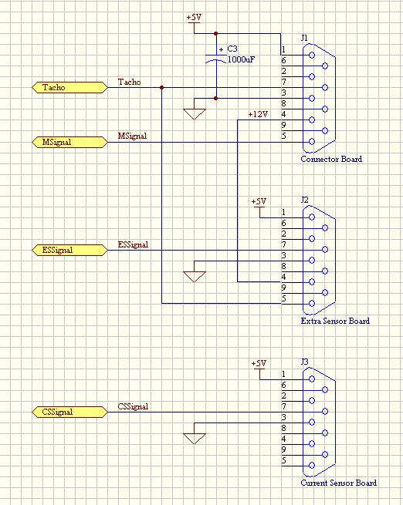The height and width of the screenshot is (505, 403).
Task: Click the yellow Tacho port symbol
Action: pos(69,87)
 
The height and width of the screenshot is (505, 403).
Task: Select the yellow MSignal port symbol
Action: pos(69,142)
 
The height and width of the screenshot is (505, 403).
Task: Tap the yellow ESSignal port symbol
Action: pos(69,250)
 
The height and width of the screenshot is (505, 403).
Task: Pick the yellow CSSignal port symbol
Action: pos(69,412)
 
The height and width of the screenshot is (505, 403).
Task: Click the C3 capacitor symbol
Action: pos(216,58)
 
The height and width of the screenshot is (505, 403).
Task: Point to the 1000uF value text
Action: pos(241,59)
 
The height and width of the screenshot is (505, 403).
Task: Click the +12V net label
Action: pos(258,114)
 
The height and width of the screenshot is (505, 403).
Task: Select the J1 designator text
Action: pos(304,38)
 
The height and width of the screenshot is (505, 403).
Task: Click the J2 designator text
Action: pos(305,200)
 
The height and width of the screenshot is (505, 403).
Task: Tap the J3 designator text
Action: pos(305,362)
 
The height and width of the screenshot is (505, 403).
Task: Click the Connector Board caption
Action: pos(331,159)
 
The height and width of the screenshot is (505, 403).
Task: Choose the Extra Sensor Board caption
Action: pos(335,321)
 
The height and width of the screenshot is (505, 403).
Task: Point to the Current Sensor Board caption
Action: pos(338,483)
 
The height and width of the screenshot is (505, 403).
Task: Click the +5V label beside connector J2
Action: pos(259,201)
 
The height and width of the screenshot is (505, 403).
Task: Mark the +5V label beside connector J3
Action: pos(259,364)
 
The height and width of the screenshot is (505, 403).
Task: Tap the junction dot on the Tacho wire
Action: pos(162,88)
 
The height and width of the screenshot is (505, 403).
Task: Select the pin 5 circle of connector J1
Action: pos(312,141)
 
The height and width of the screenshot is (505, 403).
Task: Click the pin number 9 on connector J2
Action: pos(283,288)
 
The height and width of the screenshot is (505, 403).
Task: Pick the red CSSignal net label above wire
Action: pos(133,406)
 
